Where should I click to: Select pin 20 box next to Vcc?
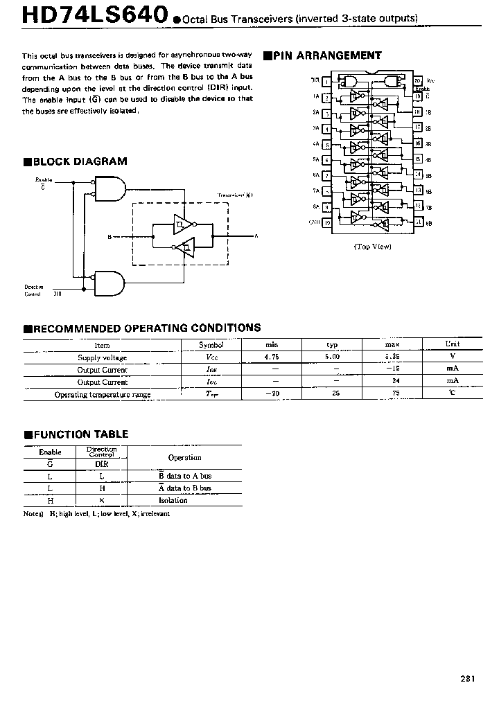tap(417, 81)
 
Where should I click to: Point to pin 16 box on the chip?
tap(417, 144)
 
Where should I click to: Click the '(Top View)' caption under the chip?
tap(372, 246)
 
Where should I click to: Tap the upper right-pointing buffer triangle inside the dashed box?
tap(184, 224)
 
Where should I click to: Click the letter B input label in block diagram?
tap(110, 237)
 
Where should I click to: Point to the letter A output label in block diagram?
tap(256, 237)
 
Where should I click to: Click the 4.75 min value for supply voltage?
tap(272, 357)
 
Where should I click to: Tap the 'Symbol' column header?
tap(211, 345)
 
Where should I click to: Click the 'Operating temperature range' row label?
tap(103, 394)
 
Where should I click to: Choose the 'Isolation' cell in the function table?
tap(173, 499)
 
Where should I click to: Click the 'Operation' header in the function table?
tap(184, 457)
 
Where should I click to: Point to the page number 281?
tap(467, 679)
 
